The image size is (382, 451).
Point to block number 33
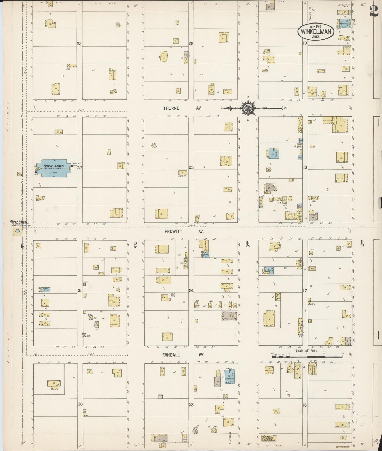click(79, 44)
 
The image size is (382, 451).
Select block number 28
click(191, 44)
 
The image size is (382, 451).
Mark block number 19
click(305, 43)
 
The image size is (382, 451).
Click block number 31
click(79, 291)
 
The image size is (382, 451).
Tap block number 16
click(305, 405)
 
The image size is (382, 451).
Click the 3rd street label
click(248, 244)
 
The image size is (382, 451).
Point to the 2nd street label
click(362, 243)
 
